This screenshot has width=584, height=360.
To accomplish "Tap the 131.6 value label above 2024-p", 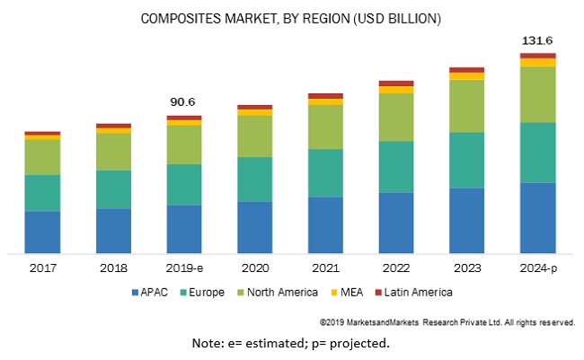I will coord(537,40).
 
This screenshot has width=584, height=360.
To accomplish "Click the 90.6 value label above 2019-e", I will coord(184,102).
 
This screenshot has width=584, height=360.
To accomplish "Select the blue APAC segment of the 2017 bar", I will coord(42,233).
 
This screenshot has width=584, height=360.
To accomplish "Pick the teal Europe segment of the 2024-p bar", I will coord(537,153).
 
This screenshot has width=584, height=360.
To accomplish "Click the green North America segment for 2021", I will coord(325,127).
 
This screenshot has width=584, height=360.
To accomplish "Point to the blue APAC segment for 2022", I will coord(396,223).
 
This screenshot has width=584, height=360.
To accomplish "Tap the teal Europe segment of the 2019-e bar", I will coord(184,184).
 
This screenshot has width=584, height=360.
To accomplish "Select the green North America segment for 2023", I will coord(466,106).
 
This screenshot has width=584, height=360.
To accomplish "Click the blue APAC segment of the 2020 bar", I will coord(255,227).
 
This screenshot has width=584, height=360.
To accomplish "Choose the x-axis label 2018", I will coord(113,268).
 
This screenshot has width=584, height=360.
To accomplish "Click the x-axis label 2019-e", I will coord(184,268).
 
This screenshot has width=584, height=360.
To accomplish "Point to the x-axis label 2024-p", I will coord(537,268).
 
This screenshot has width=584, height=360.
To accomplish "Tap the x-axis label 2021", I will coord(325,268).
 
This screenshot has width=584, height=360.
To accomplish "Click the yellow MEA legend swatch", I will coord(335,293).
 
